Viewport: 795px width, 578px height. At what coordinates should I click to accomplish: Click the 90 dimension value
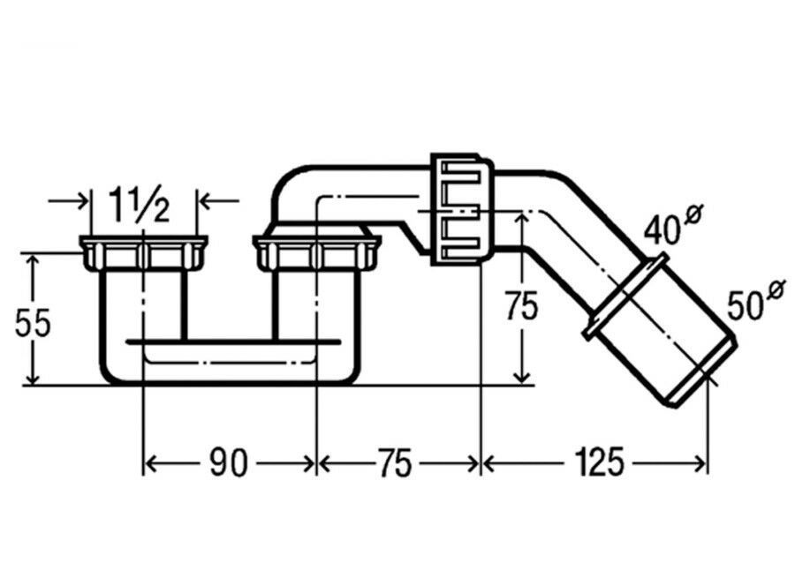point(229,462)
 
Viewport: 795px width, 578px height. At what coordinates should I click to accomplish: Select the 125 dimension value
point(598,462)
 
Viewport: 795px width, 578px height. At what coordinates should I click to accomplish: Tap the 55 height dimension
point(33,323)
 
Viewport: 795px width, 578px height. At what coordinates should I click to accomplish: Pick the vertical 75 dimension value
point(522,306)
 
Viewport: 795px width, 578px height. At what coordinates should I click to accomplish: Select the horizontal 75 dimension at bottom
point(396,462)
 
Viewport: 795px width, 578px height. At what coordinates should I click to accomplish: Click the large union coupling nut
point(461,209)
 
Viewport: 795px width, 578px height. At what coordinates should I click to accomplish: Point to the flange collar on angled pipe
point(625,295)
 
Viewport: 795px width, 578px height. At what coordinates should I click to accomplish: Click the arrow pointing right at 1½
point(68,201)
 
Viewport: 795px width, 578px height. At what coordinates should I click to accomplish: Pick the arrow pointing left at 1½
point(218,201)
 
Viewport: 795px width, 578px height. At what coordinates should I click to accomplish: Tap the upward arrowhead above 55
point(33,261)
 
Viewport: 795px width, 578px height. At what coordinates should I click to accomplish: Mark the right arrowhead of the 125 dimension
point(700,462)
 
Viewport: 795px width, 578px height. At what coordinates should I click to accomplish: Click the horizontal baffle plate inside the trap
point(233,342)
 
